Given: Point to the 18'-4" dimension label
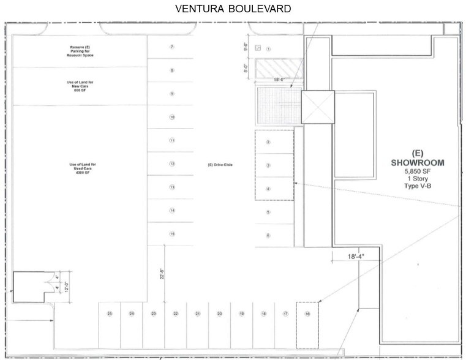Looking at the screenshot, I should point(344,259).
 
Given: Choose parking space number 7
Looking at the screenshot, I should point(172,47).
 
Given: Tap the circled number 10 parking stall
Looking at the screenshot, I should point(172,117).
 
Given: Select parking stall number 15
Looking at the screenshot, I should point(172,234).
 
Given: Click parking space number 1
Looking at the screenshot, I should point(268,48).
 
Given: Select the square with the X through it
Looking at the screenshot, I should point(317,108).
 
